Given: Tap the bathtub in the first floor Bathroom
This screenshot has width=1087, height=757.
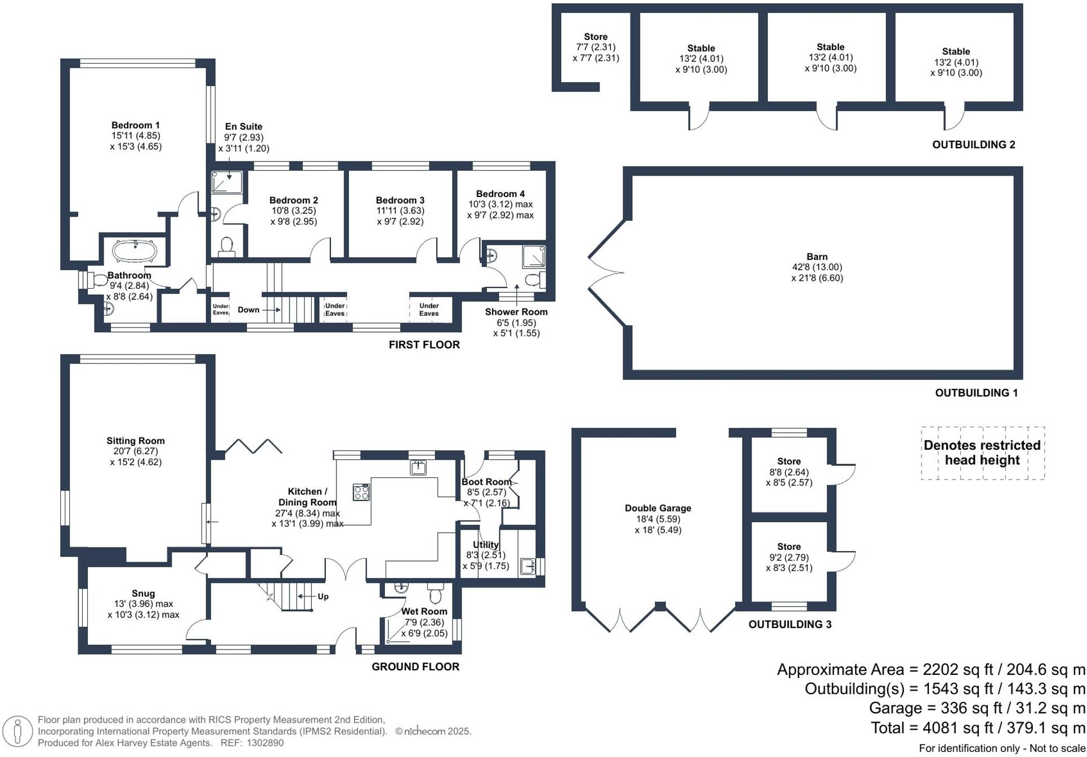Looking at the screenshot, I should point(134,252).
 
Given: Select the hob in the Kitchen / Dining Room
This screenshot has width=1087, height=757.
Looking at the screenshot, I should point(361,492).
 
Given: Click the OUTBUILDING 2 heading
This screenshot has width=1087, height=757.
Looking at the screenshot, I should point(973,145).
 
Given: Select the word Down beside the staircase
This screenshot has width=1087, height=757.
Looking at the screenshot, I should point(248,310).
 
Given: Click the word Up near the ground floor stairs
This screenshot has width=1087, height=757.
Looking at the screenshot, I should point(323,597).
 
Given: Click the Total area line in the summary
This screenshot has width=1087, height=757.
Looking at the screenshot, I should point(978,728).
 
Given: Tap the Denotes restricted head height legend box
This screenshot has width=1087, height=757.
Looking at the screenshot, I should point(982,453).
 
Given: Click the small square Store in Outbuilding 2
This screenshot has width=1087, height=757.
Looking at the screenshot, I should point(596,47).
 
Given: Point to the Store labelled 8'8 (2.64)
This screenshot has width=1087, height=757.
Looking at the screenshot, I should point(789,472).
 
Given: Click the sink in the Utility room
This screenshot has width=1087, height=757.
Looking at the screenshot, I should point(527,566).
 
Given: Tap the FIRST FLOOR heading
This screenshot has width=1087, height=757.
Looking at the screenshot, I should point(424,344).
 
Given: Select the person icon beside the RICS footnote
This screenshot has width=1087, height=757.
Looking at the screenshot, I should point(17,731).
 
